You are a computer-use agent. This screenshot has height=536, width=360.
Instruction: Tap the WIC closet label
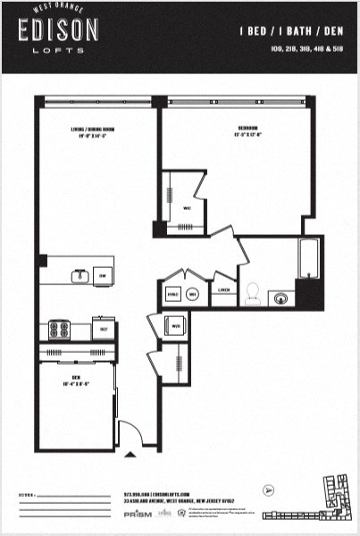(x=188, y=208)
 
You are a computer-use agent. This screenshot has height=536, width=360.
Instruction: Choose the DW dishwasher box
(x=104, y=275)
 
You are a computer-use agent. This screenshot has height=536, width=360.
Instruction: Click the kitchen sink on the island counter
(x=80, y=274)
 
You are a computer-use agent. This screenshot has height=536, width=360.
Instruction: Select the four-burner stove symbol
(x=60, y=330)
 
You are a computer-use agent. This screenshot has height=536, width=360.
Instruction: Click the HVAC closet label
(x=173, y=291)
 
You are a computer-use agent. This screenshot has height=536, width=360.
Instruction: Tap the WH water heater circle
(x=192, y=291)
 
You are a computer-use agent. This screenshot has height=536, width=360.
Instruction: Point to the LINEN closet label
(x=224, y=290)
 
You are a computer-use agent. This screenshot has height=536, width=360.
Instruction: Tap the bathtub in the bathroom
(x=307, y=258)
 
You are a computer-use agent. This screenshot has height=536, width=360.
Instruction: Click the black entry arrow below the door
(x=131, y=454)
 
